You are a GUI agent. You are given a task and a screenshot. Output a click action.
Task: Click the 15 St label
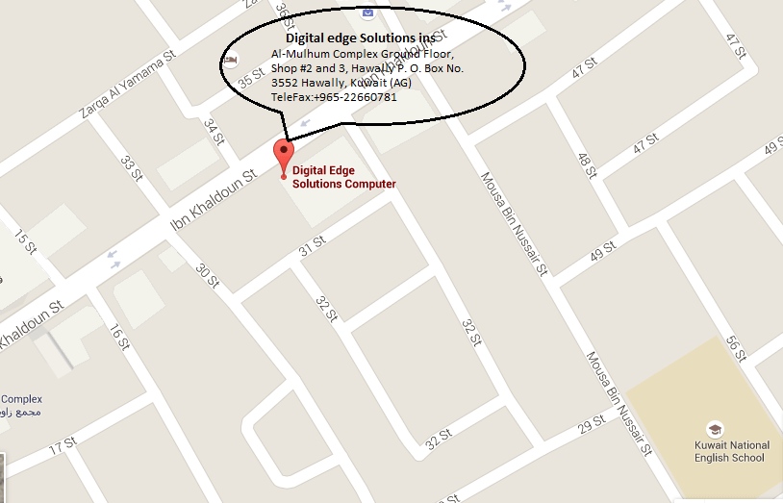click(x=25, y=241)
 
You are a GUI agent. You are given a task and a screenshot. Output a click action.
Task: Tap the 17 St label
click(x=63, y=445)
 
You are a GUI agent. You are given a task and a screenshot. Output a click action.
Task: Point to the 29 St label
click(x=591, y=423)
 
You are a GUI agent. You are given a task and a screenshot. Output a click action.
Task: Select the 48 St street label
click(x=587, y=164)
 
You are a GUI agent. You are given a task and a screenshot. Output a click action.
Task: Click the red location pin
click(x=283, y=154)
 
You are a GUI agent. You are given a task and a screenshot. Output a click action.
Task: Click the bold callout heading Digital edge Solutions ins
click(x=360, y=38)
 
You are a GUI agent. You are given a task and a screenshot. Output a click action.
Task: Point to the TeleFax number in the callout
click(x=334, y=97)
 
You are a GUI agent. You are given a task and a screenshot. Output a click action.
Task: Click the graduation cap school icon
click(x=715, y=428)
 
